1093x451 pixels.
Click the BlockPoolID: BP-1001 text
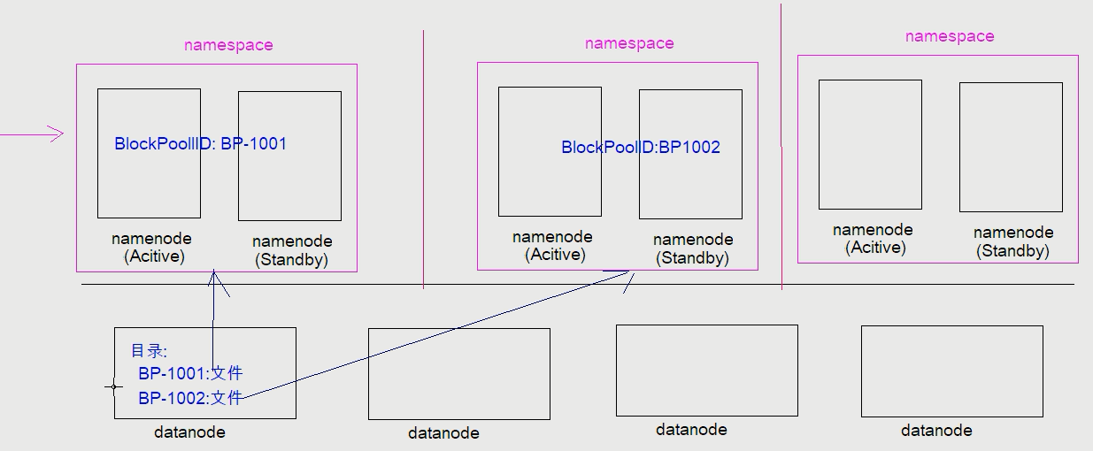[x=201, y=143]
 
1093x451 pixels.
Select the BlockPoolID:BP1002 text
[x=641, y=148]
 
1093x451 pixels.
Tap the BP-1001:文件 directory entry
[x=190, y=373]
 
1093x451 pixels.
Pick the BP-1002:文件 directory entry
[x=190, y=398]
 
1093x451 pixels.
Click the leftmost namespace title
[x=228, y=45]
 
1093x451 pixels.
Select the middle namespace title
[x=629, y=43]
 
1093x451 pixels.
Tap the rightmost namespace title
[x=950, y=36]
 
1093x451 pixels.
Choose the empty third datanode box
[x=706, y=371]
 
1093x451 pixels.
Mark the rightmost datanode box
[x=951, y=371]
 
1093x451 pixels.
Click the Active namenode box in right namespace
[x=870, y=144]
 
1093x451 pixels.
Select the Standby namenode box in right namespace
[x=1011, y=147]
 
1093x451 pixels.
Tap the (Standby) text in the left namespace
[x=292, y=260]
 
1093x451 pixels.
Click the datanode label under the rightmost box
[x=936, y=431]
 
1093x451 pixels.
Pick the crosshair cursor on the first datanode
[x=113, y=386]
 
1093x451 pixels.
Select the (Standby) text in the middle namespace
[x=693, y=258]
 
